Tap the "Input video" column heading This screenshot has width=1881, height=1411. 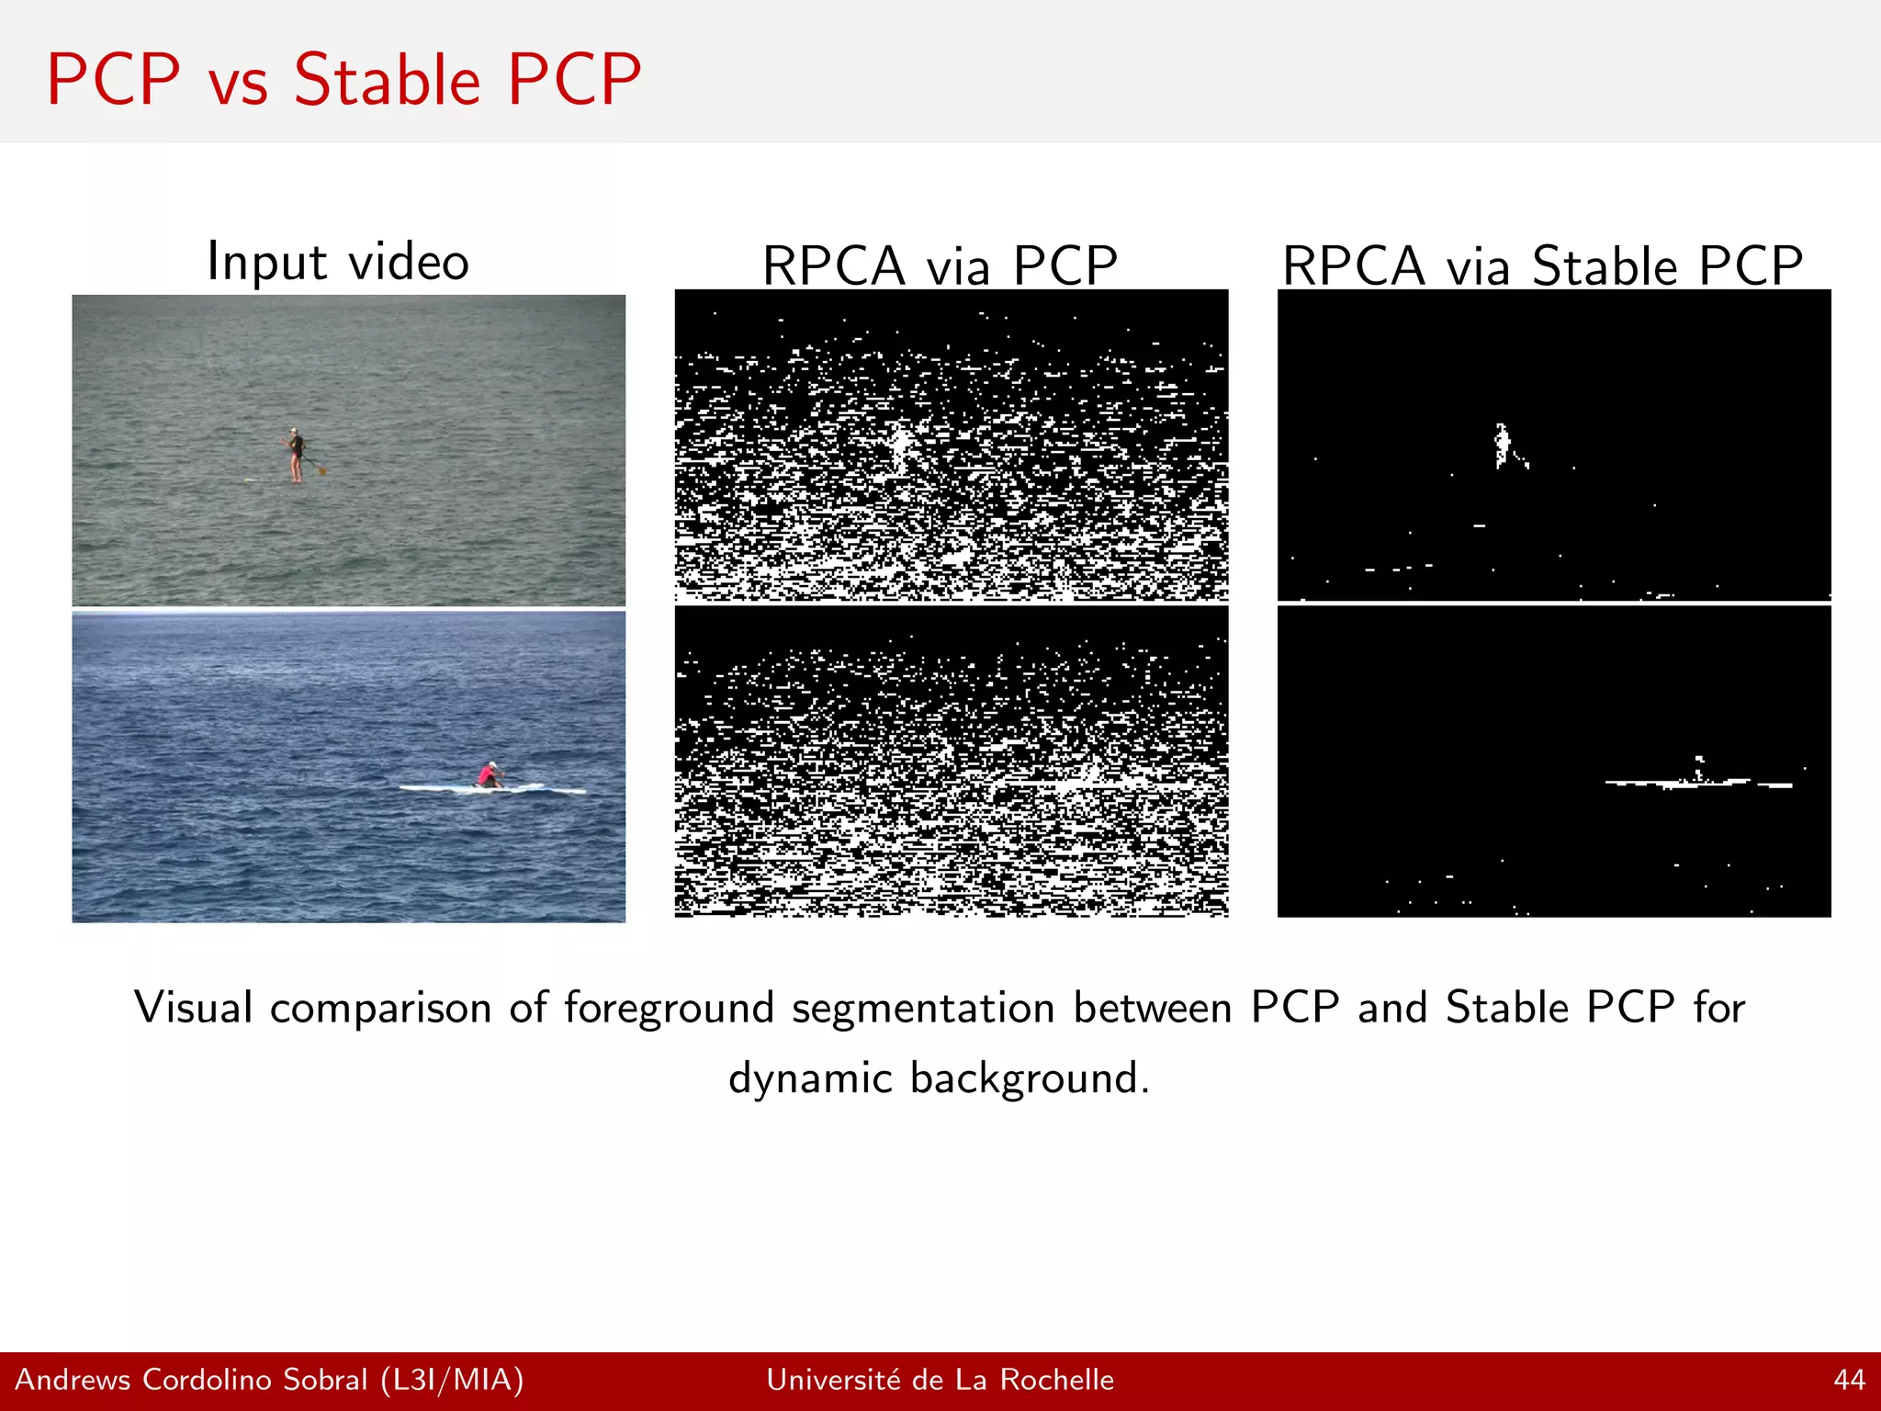point(338,261)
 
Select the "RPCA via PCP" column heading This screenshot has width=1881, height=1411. point(940,266)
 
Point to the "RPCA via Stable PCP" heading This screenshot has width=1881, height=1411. point(1542,266)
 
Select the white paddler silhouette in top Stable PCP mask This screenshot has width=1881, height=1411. point(1503,446)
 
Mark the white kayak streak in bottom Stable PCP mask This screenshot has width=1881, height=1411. point(1697,783)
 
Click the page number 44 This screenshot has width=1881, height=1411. point(1849,1380)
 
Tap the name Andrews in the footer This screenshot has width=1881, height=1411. point(73,1380)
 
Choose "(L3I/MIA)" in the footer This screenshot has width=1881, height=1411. point(452,1380)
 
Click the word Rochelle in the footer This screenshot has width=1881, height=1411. point(1056,1380)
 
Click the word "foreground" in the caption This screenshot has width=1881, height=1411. point(670,1008)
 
